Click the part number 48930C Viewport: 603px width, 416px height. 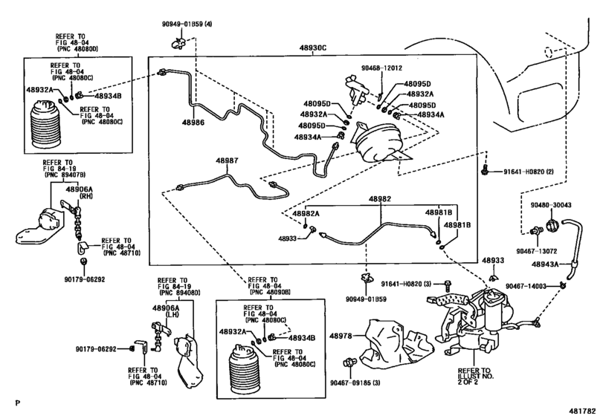pos(313,48)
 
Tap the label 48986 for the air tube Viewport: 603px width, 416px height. pos(193,123)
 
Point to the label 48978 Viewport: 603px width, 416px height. pos(341,336)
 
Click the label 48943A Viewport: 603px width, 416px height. pos(545,264)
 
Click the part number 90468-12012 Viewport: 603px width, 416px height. pos(381,68)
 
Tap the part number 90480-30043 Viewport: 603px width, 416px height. pos(551,205)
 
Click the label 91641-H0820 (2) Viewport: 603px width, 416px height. pos(529,172)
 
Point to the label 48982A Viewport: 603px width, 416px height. pos(306,213)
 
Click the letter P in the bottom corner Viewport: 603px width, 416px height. pos(17,403)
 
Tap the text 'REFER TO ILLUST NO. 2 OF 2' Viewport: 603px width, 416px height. pos(475,377)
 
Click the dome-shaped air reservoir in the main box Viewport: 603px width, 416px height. pos(378,142)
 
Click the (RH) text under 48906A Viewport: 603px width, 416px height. pos(86,196)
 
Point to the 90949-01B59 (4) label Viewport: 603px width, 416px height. pos(187,24)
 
